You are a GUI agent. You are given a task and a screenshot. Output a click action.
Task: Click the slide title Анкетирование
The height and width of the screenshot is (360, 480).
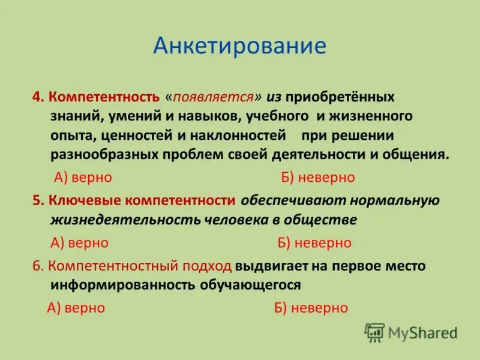point(239,46)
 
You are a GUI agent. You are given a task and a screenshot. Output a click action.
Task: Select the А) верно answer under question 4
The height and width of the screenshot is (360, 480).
point(83,178)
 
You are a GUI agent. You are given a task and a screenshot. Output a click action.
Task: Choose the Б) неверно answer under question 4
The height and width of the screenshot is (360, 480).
point(317,178)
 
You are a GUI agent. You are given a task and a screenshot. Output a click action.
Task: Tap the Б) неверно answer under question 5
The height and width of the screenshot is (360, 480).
point(314,242)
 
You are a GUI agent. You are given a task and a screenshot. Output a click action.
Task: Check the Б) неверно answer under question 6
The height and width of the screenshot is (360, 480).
point(310,308)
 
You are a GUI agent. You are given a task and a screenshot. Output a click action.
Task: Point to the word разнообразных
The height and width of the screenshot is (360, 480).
point(104,154)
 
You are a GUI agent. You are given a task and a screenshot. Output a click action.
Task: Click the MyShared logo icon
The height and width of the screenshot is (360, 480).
point(374,332)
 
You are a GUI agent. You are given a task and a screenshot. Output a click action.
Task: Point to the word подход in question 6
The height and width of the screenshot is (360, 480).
point(206,266)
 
